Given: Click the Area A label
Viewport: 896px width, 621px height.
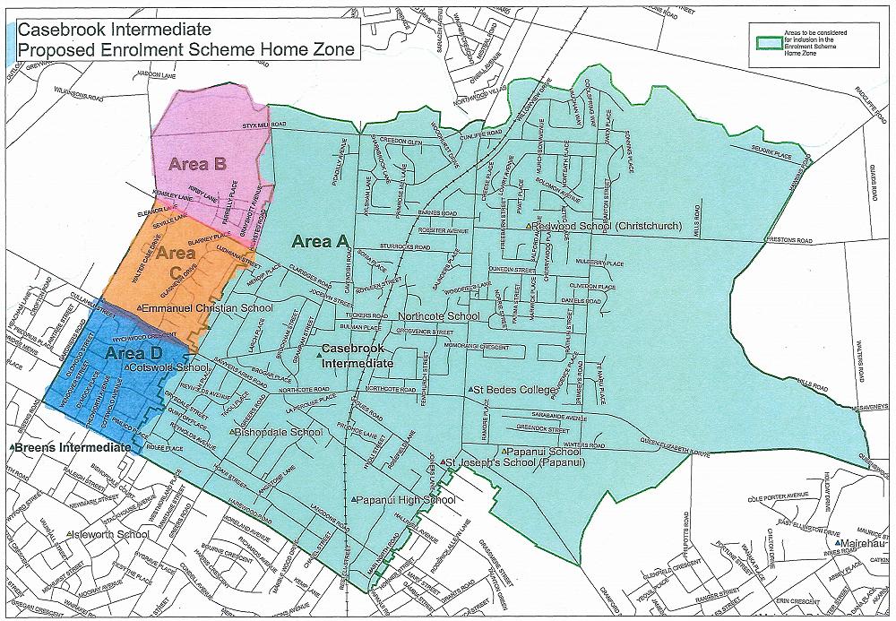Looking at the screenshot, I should [319, 240].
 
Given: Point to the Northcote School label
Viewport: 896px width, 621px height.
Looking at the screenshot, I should [439, 316].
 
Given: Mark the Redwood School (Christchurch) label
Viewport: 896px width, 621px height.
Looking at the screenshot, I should [608, 227].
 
